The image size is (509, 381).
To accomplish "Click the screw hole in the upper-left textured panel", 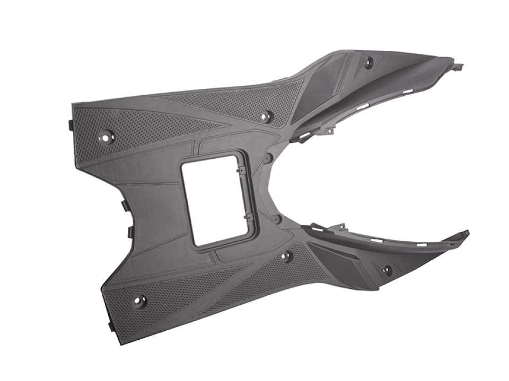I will [106, 137].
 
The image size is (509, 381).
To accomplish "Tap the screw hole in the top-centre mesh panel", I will [266, 115].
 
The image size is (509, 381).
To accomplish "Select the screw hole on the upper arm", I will [368, 62].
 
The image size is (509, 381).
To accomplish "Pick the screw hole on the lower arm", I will [388, 270].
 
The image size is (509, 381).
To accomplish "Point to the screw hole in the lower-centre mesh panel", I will [286, 257].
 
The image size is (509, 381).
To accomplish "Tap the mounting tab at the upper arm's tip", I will [457, 67].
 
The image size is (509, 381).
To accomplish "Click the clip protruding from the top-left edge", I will [70, 124].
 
